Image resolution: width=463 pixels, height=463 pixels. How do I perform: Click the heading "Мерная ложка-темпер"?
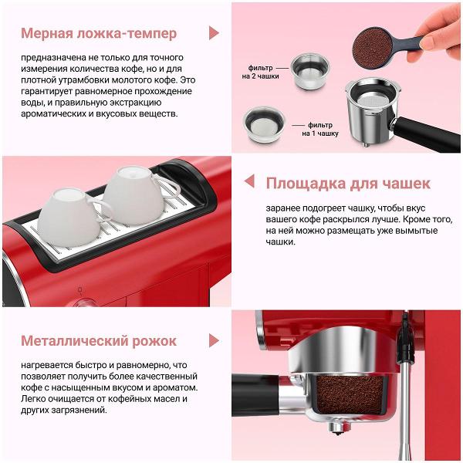pos(98,33)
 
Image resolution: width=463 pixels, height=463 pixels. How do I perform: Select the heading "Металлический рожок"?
pos(98,340)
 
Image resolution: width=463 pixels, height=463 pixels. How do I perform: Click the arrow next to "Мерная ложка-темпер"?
pos(214,33)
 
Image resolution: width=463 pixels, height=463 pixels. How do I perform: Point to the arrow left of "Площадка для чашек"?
pos(248,181)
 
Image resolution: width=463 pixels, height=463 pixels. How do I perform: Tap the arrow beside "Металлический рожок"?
pos(214,340)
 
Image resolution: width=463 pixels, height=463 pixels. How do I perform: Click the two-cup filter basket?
pos(310,66)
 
